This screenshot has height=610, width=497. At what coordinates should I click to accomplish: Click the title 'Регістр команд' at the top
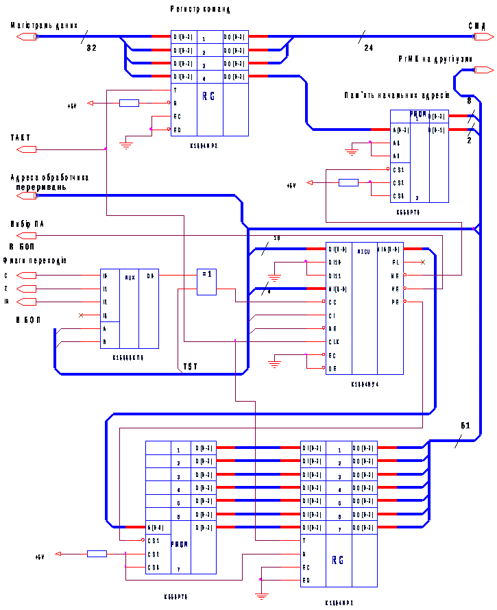200,10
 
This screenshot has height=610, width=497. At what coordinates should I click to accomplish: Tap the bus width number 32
92,48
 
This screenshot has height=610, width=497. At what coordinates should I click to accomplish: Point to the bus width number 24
368,48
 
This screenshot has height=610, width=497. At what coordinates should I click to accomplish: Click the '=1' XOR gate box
206,275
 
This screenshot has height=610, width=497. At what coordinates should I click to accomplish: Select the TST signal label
190,367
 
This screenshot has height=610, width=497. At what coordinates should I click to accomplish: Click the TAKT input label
21,138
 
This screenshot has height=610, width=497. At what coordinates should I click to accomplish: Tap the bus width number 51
465,426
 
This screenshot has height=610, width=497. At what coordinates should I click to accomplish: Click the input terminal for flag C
25,276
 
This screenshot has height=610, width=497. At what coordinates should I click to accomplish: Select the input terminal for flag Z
25,289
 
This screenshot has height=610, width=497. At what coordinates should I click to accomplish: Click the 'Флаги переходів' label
34,260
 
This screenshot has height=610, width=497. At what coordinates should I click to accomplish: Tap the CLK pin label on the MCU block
332,341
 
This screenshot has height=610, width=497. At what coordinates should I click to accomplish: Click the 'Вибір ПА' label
27,224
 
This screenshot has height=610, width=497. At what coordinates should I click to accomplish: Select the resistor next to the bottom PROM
97,554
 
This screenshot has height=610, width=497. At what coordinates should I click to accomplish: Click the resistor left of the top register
129,103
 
